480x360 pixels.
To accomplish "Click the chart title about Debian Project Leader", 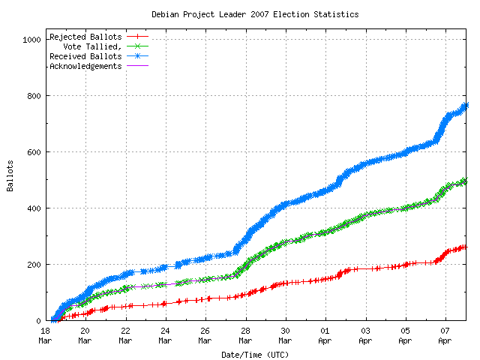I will [x=255, y=14].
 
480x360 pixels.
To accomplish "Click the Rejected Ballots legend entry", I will [x=85, y=37].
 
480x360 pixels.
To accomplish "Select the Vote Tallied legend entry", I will [x=93, y=46].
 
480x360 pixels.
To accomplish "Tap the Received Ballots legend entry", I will [x=85, y=56].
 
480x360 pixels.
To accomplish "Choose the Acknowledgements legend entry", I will [x=85, y=66].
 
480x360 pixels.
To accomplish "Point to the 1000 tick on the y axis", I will [x=30, y=40].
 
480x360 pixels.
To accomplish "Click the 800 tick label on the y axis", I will [x=32, y=96].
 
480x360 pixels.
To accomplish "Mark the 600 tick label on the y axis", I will [x=32, y=152].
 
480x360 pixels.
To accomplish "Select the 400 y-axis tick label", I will [x=32, y=208].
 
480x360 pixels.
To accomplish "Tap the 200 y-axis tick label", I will [x=32, y=265].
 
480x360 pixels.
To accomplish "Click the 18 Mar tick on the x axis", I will [x=45, y=334].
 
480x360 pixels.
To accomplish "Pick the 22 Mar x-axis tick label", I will [x=125, y=334].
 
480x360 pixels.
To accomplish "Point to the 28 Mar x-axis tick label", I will [x=245, y=334].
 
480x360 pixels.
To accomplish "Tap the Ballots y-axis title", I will [x=10, y=176].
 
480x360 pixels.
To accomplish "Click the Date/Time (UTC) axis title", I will [x=255, y=354].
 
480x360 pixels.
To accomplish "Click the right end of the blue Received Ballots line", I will [x=466, y=105].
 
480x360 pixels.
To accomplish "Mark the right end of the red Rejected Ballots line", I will [x=464, y=247].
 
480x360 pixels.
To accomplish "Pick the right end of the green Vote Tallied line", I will [x=465, y=181].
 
